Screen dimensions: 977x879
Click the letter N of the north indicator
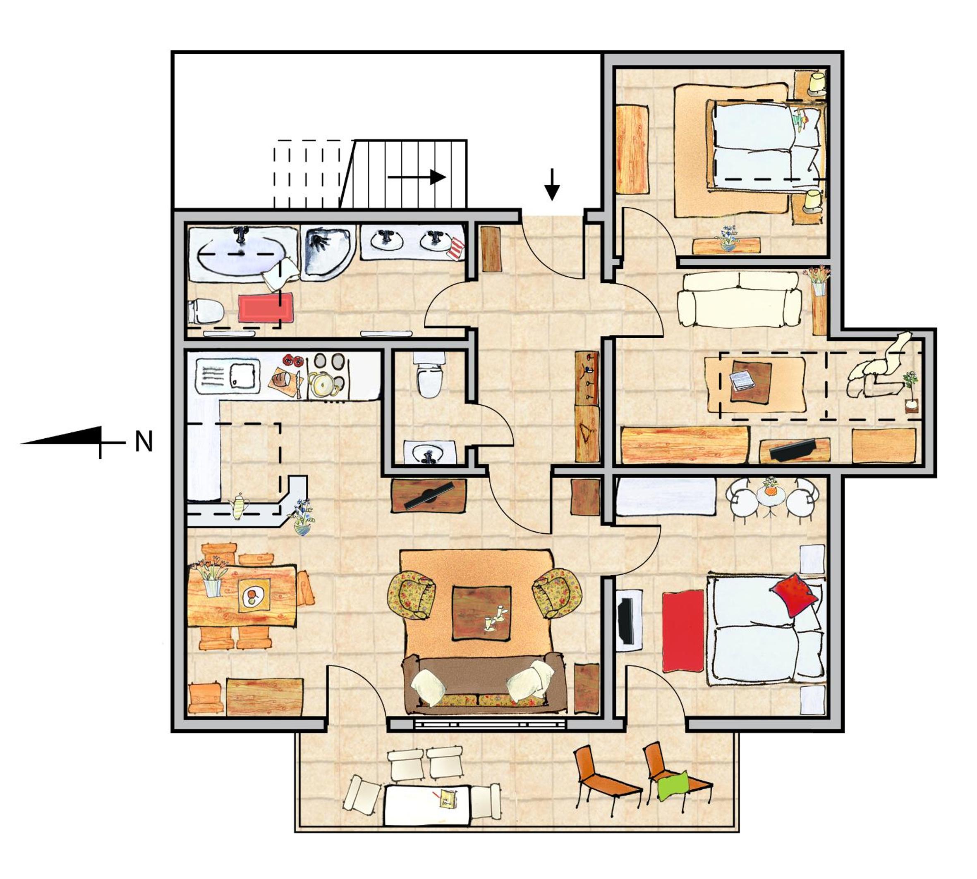[144, 442]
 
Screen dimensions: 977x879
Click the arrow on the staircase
[417, 177]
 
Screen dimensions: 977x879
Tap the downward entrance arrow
[552, 184]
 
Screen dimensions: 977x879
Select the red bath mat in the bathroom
[266, 308]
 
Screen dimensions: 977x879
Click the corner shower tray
[328, 253]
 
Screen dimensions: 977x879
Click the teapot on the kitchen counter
[239, 506]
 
